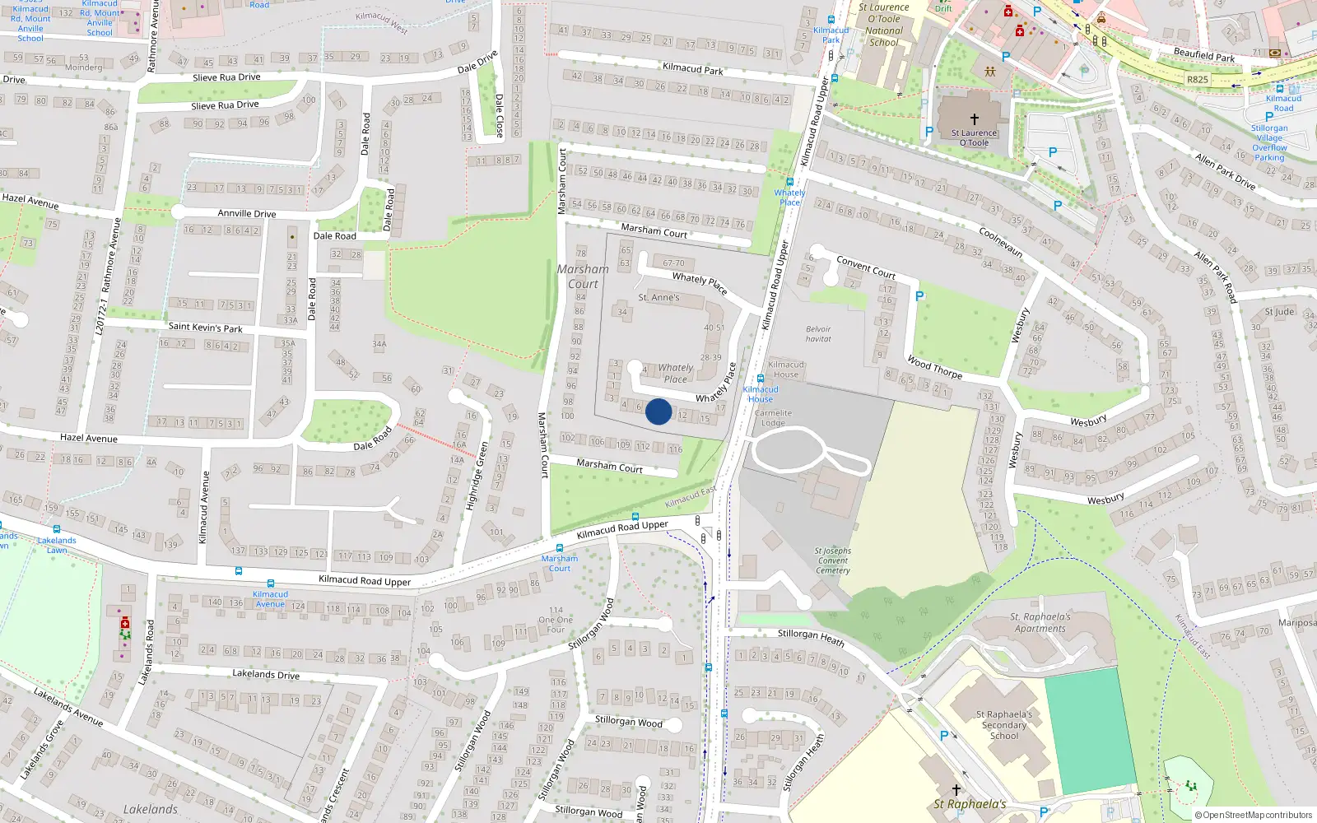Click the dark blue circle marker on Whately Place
658,411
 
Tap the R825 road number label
1198,80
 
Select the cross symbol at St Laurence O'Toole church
975,119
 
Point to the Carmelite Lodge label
773,418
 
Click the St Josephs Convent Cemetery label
833,560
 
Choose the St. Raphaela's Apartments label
1040,622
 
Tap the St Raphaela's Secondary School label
1004,725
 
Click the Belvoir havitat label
818,333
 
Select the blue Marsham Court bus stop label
560,563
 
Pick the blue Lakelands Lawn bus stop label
57,545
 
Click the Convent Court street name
866,267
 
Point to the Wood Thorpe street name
934,366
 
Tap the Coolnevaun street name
1000,241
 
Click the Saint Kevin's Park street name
205,328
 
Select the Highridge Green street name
477,476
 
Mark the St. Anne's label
659,297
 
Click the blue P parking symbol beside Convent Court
919,296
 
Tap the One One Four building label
556,620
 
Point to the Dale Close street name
499,114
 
